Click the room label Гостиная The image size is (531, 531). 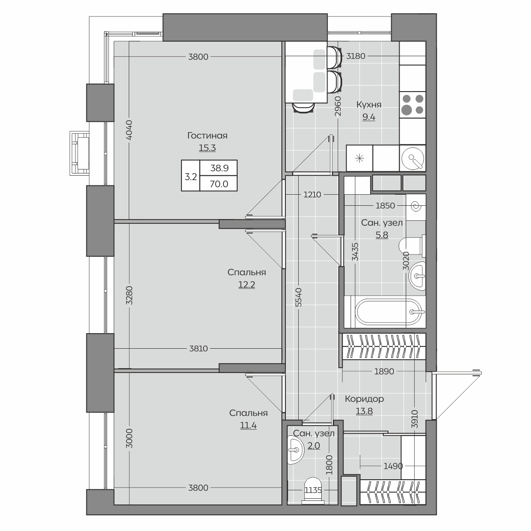pyautogui.click(x=207, y=135)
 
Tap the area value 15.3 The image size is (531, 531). pyautogui.click(x=207, y=148)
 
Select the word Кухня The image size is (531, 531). pyautogui.click(x=369, y=105)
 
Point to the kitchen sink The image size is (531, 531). pyautogui.click(x=412, y=158)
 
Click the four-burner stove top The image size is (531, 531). pyautogui.click(x=412, y=105)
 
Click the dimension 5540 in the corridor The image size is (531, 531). pyautogui.click(x=299, y=297)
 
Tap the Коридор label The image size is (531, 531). pyautogui.click(x=364, y=399)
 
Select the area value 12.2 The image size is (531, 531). pyautogui.click(x=246, y=285)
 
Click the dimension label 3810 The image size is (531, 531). pyautogui.click(x=198, y=349)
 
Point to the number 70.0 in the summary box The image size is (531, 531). pyautogui.click(x=219, y=184)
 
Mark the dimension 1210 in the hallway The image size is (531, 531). pyautogui.click(x=312, y=195)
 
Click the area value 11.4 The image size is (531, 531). pyautogui.click(x=248, y=425)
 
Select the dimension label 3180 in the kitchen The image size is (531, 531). pyautogui.click(x=356, y=56)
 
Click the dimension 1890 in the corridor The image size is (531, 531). pyautogui.click(x=384, y=371)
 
